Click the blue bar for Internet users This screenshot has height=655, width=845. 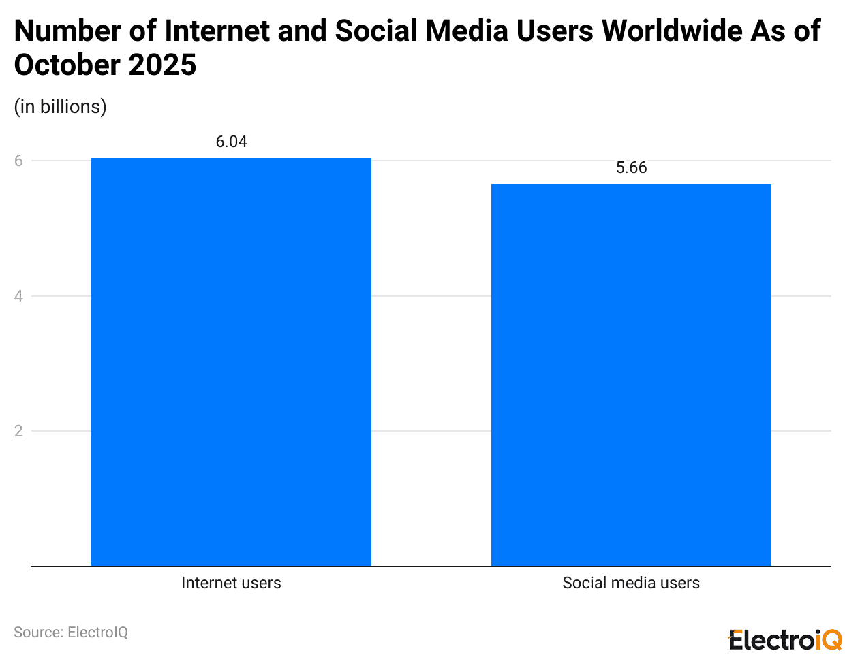click(231, 362)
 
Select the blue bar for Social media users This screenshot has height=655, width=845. click(631, 374)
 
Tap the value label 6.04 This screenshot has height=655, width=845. click(231, 142)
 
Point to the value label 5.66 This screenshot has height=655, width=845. click(631, 167)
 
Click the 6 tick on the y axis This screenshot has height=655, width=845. click(18, 161)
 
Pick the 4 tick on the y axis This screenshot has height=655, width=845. click(18, 296)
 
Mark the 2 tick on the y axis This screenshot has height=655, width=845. click(18, 431)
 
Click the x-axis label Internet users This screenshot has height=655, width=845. click(231, 583)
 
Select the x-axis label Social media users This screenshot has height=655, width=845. click(631, 583)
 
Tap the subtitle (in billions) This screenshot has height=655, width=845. click(61, 107)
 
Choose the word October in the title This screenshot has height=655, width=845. click(67, 65)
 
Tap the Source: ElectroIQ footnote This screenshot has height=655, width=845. click(71, 632)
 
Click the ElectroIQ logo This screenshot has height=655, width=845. click(785, 640)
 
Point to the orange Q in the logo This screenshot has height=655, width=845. click(833, 640)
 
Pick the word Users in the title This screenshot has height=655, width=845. click(555, 31)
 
